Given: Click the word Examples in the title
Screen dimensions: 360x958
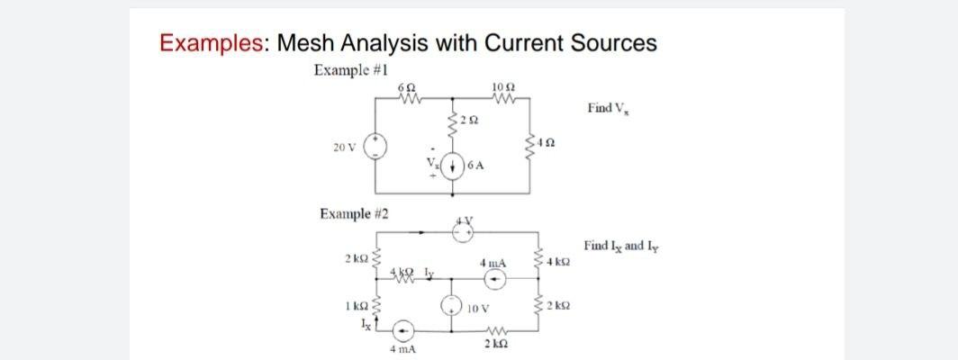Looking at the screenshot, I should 213,42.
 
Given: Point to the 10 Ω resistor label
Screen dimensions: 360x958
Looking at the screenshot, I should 504,87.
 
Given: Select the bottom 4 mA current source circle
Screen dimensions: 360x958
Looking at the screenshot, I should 404,329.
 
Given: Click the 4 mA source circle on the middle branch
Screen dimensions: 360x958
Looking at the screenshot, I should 494,279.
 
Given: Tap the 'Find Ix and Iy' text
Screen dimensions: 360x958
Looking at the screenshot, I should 617,245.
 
